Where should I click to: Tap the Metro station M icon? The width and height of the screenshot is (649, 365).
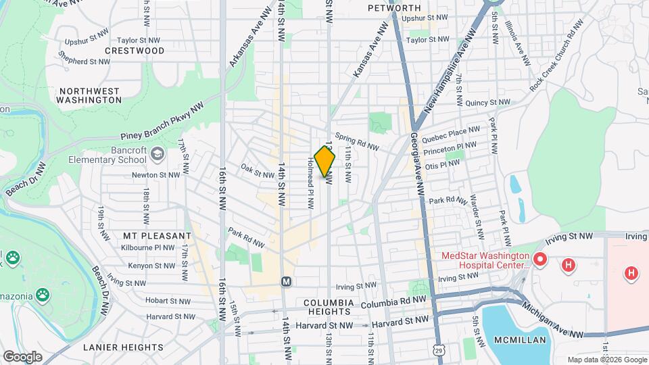[286, 281]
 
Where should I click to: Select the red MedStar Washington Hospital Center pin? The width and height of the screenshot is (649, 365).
[539, 259]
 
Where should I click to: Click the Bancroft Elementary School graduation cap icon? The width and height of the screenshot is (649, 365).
[158, 154]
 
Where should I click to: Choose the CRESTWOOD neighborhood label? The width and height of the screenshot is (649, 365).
[135, 51]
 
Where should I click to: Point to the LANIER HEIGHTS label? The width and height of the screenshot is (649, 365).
[123, 347]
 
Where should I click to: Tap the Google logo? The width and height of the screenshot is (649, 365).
[22, 356]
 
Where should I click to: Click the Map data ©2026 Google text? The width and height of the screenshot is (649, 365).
[607, 360]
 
